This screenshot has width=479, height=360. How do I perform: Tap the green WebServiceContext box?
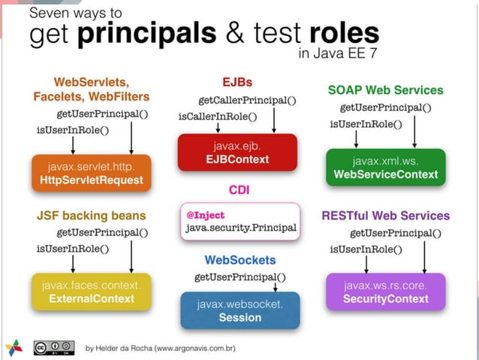(385, 167)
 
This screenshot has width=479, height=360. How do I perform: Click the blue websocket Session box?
(239, 310)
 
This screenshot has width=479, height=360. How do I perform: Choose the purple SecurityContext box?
(385, 292)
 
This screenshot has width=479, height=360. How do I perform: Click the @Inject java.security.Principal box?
(240, 221)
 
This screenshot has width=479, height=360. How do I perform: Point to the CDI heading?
(239, 190)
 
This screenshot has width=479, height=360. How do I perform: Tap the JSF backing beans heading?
(91, 215)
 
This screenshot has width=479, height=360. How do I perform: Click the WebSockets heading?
(239, 260)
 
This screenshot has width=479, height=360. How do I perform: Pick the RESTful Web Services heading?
(385, 216)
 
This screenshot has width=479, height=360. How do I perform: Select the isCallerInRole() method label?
(217, 116)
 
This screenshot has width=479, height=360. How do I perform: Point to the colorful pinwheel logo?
(14, 347)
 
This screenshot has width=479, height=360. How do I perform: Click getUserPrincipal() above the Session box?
(239, 277)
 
